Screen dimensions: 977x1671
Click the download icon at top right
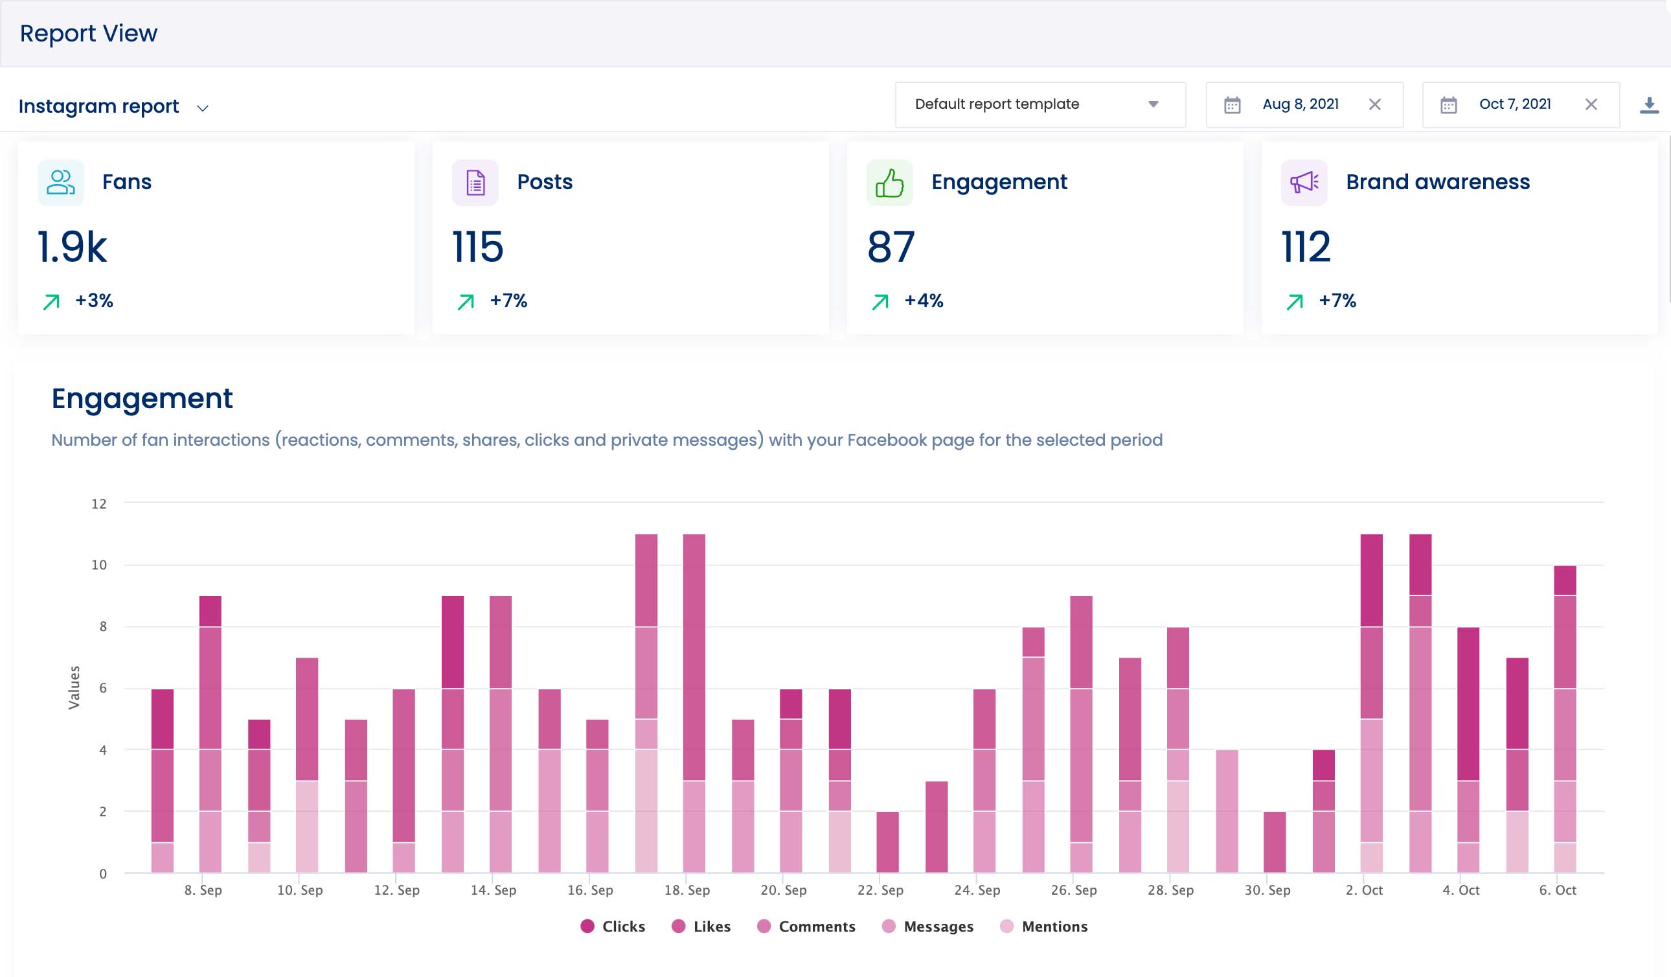(1649, 105)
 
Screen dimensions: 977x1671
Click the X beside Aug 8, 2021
(1374, 104)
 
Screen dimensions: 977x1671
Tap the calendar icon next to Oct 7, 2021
(1448, 105)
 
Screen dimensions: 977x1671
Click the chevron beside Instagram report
(203, 108)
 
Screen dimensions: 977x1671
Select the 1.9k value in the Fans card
(72, 247)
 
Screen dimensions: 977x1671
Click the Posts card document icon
(475, 183)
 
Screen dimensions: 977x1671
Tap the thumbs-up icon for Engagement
(889, 183)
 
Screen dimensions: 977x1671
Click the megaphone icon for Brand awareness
(1304, 183)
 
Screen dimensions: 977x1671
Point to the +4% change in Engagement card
(923, 301)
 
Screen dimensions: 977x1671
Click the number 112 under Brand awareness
(1305, 247)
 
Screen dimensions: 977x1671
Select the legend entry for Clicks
(612, 926)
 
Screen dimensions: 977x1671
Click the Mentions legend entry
(1043, 926)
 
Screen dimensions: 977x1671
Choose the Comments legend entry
(806, 926)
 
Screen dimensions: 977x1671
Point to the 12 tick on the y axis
(99, 504)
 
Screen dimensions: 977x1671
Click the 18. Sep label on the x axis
(687, 890)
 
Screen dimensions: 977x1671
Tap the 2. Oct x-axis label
(1364, 890)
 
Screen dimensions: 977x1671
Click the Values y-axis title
(74, 688)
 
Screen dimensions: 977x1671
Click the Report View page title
(88, 33)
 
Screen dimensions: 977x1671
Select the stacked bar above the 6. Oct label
(1565, 720)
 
